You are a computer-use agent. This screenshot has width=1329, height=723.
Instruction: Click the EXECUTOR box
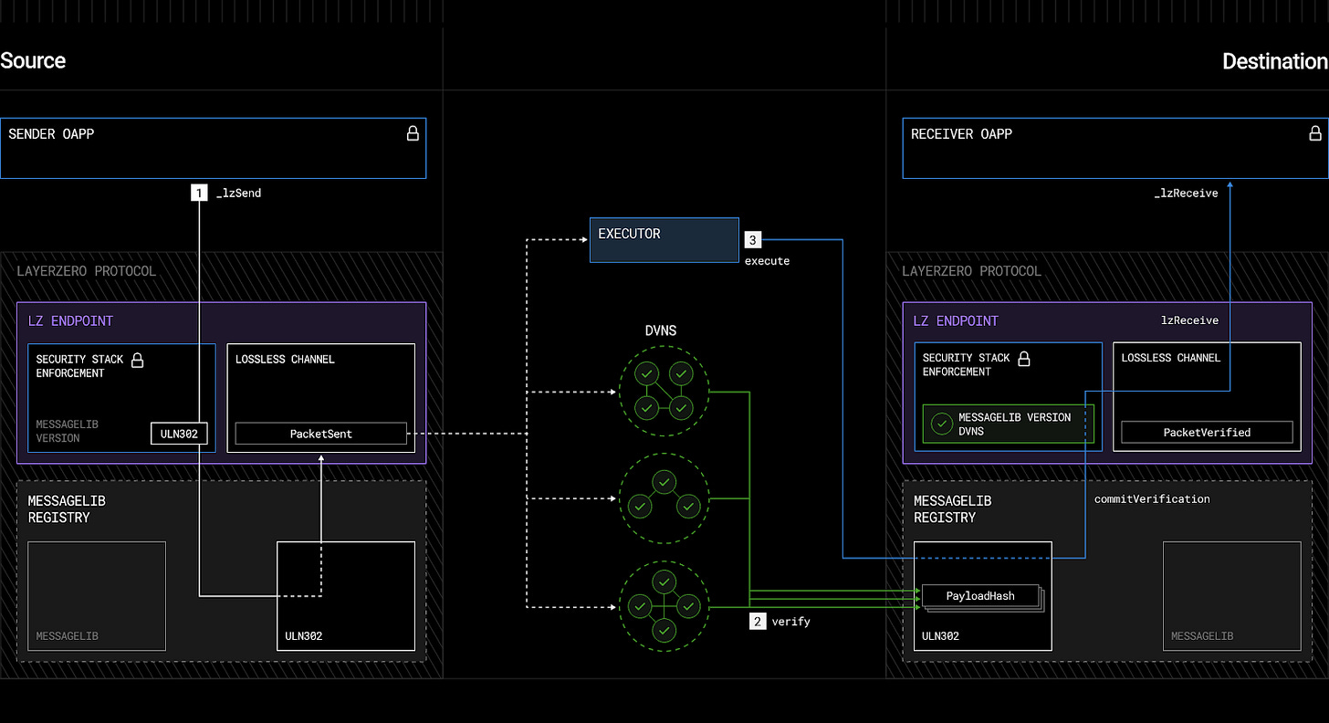point(664,239)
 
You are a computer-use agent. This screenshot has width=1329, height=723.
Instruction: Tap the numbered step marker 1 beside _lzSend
point(199,193)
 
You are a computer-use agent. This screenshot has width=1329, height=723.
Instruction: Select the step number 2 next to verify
point(757,622)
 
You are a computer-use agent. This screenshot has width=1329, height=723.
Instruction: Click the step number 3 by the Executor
point(752,240)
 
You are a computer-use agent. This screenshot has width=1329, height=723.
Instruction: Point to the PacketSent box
point(320,434)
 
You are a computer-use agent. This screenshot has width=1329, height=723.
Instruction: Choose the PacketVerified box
point(1207,432)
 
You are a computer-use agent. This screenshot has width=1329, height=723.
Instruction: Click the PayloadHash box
point(980,596)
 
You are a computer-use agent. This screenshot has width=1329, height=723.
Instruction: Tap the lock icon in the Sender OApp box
point(413,134)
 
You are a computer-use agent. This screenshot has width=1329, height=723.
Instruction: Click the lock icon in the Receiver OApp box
point(1315,134)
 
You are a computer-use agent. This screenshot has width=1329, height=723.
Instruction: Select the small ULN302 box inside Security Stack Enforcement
point(179,434)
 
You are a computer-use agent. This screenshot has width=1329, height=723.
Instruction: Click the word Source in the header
point(33,61)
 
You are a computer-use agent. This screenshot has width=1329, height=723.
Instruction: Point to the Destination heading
point(1274,61)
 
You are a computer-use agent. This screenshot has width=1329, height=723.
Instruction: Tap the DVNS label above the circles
point(661,330)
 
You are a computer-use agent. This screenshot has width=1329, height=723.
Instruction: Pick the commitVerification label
point(1152,499)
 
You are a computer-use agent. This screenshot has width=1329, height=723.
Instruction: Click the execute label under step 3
point(767,261)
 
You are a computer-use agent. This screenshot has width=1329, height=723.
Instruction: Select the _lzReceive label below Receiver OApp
point(1186,193)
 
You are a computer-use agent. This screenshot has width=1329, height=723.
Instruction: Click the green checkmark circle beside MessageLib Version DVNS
point(941,424)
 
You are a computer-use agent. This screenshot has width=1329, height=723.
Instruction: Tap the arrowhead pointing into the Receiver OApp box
point(1230,184)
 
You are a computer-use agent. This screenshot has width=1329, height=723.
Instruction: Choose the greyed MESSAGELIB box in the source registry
point(97,595)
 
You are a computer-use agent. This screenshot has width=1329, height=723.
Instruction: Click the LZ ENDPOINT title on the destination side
point(956,321)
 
